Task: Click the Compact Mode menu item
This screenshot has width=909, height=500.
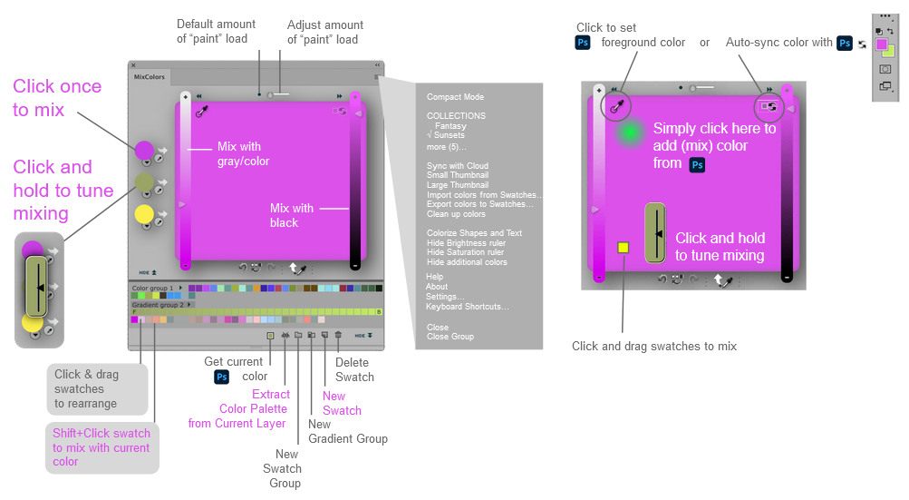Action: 455,97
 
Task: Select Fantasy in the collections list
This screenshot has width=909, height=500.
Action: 450,126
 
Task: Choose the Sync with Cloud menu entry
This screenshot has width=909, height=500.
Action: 458,166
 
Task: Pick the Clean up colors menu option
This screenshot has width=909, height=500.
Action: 456,214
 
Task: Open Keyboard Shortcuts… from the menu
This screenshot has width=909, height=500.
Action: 467,307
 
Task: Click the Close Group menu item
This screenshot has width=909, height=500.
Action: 450,337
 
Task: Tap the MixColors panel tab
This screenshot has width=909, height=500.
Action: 150,77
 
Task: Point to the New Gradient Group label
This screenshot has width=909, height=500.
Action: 347,431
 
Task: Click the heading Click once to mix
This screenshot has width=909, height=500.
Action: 57,98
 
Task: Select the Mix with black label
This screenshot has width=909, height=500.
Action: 292,215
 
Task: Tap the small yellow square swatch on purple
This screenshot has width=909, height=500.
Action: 624,247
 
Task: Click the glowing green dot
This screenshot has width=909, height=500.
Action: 627,132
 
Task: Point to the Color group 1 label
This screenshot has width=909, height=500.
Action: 152,289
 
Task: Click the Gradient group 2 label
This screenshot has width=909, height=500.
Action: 156,305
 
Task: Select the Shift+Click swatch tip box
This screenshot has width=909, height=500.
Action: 102,447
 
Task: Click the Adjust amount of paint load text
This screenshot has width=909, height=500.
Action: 324,32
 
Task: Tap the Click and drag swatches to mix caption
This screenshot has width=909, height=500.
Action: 653,346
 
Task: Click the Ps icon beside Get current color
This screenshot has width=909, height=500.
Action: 222,377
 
